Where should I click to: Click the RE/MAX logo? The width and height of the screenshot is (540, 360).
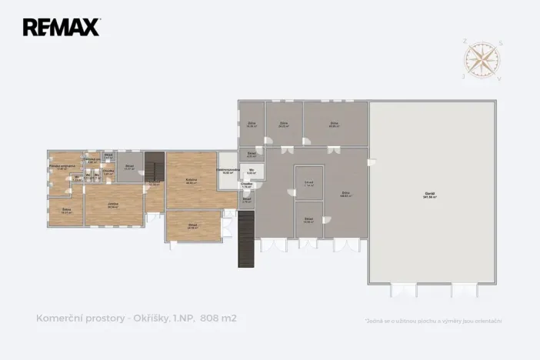tap(61, 28)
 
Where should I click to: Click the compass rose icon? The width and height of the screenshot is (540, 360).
tap(481, 60)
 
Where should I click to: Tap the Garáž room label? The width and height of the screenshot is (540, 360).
tap(429, 196)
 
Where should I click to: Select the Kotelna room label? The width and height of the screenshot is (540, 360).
tap(191, 181)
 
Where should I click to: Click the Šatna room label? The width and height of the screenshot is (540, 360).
tap(67, 212)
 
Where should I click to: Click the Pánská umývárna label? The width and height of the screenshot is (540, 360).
tap(61, 167)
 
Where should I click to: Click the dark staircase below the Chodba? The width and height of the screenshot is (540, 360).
tap(245, 238)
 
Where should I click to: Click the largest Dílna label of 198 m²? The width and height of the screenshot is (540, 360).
tap(345, 195)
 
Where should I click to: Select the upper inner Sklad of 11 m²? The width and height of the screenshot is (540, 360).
tap(308, 183)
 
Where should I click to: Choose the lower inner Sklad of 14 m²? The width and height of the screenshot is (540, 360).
tap(308, 220)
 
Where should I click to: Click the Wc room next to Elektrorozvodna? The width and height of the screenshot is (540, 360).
tap(252, 172)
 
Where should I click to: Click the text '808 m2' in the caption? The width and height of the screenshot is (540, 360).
tap(218, 318)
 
